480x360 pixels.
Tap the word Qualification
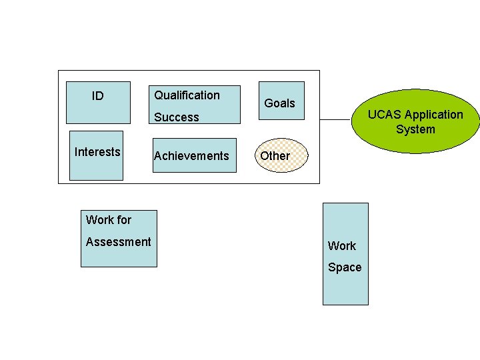coord(187,95)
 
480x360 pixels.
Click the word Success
coord(177,117)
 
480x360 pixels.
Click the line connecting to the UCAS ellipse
coord(335,119)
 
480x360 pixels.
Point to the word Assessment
coord(119,242)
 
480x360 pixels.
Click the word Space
coord(345,267)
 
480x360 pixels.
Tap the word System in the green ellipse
coord(415,129)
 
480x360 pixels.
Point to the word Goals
coord(279,103)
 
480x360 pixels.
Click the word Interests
coord(97,152)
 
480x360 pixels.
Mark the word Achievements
coord(191,156)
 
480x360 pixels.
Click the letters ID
coord(98,96)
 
